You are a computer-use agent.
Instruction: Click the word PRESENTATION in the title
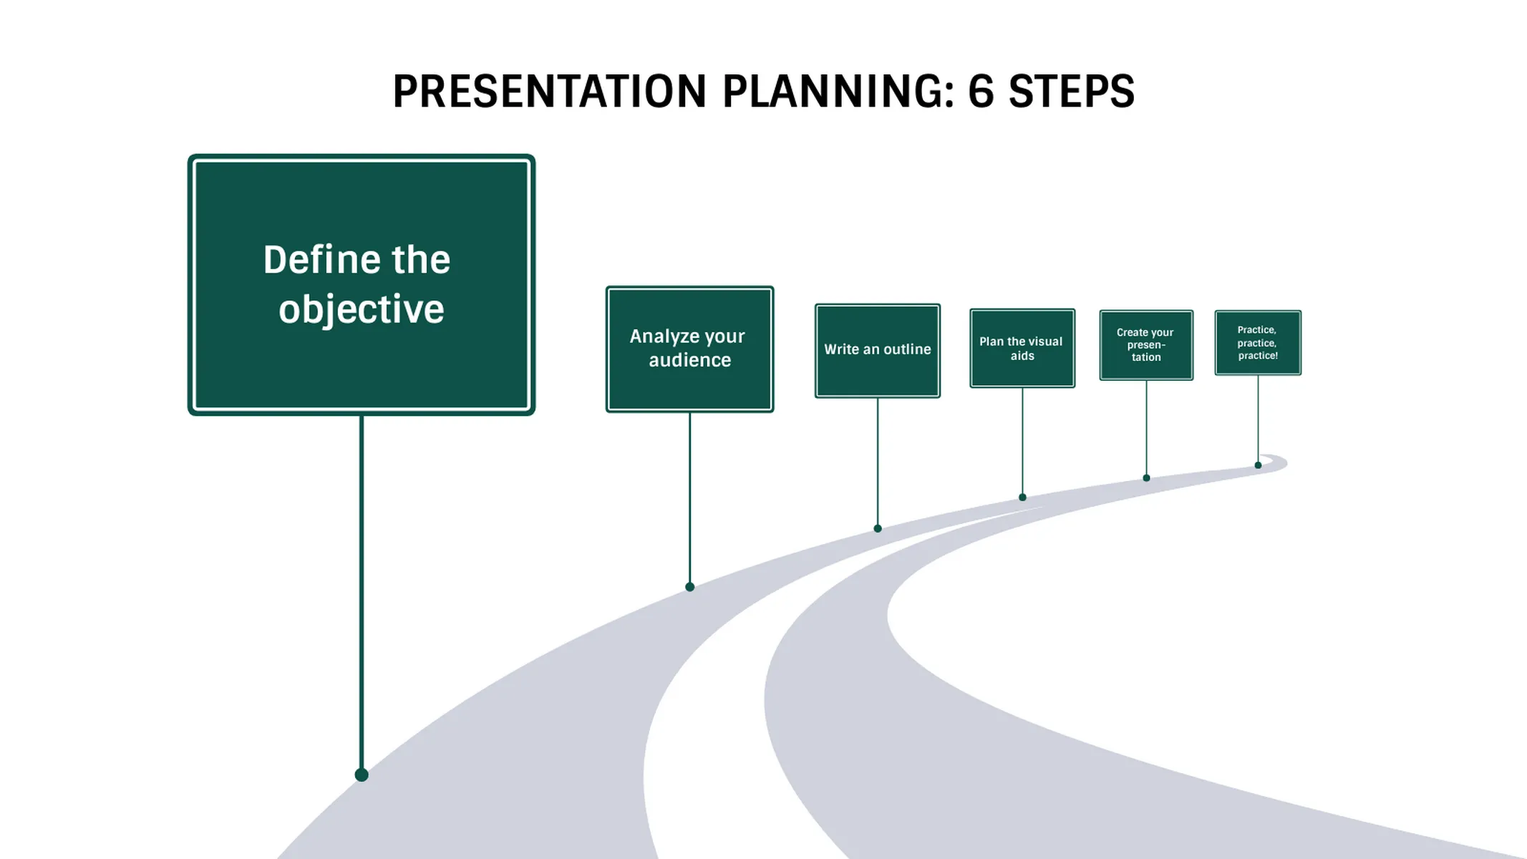coord(549,92)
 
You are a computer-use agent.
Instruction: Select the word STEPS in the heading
coord(1071,92)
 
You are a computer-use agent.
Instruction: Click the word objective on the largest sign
coord(362,309)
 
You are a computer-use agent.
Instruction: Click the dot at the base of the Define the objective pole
coord(362,775)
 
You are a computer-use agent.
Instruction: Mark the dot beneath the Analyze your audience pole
coord(689,587)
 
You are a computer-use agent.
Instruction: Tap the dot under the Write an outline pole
coord(878,528)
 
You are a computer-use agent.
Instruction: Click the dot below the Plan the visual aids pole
coord(1022,497)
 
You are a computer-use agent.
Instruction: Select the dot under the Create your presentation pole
coord(1146,477)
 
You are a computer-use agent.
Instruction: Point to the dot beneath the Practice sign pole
coord(1258,465)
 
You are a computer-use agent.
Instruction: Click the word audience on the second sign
coord(689,360)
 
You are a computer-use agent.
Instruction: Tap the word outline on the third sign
coord(906,349)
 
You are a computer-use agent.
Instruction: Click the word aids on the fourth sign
coord(1022,356)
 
